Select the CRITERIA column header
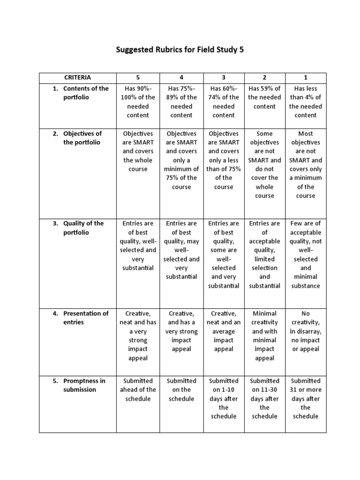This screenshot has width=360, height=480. point(78,77)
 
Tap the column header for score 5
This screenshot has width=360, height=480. point(138,77)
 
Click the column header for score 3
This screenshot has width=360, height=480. point(224,77)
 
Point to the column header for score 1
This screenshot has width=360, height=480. point(306,77)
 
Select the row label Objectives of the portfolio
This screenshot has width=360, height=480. point(82,138)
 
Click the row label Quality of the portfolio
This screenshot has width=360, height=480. point(83,228)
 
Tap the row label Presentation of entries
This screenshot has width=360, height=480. point(86,318)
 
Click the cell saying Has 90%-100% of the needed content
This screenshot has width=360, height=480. point(138,102)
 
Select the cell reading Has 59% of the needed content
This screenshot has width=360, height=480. point(264,97)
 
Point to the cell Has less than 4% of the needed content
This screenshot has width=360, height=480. point(306,102)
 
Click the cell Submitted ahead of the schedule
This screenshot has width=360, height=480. point(138,390)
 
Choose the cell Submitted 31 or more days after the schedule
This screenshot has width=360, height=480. point(306,398)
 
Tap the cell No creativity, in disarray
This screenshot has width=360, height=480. point(306,331)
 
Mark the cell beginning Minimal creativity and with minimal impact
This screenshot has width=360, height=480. point(264,336)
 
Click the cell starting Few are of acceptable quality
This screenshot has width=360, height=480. point(306,255)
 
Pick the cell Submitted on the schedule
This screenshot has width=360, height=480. point(181,390)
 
